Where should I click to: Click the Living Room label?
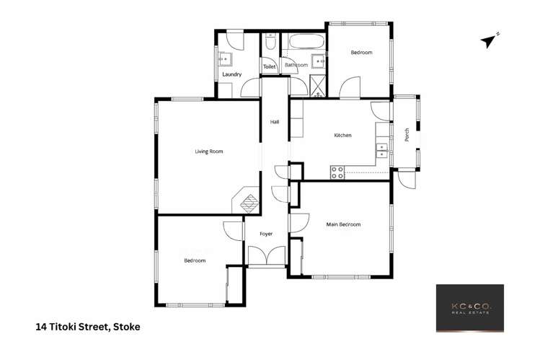click(x=209, y=152)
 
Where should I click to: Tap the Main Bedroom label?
click(x=343, y=225)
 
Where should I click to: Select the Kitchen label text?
click(x=342, y=136)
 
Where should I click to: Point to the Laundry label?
click(x=231, y=74)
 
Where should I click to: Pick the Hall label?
click(x=275, y=122)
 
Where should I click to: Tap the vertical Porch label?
click(x=407, y=135)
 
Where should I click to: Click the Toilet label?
click(x=269, y=66)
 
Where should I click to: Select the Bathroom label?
click(x=296, y=65)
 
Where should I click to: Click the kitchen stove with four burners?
click(x=337, y=172)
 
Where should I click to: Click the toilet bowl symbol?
click(x=269, y=45)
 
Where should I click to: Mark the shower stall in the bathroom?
click(x=317, y=86)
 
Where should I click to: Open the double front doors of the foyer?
click(x=261, y=257)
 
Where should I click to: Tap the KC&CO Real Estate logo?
click(x=469, y=308)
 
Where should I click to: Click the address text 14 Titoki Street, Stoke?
click(x=88, y=327)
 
